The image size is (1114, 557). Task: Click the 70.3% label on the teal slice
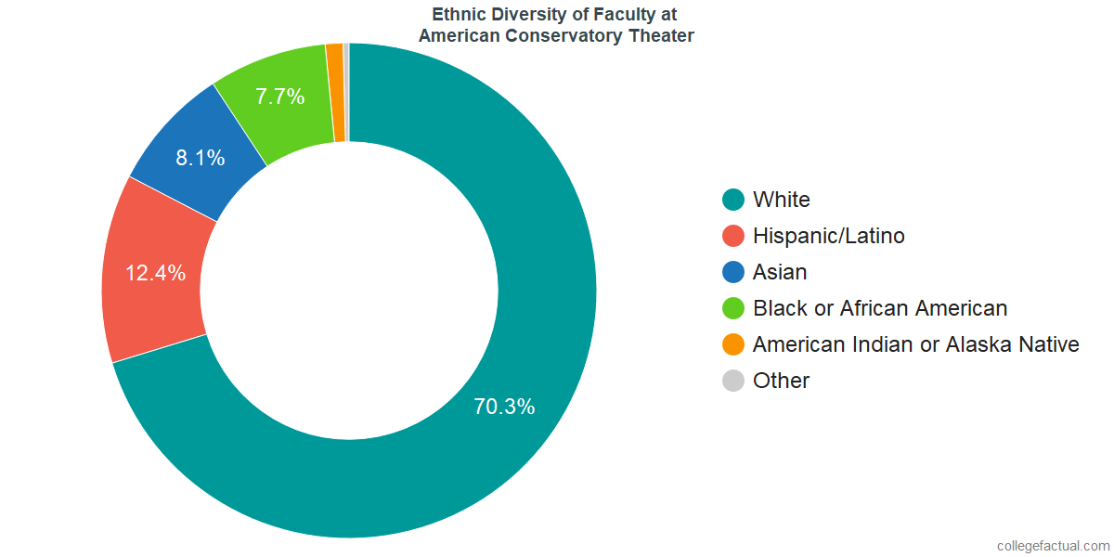pos(503,407)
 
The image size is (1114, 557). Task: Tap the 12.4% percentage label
pos(156,274)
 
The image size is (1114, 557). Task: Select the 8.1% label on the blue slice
pos(201,158)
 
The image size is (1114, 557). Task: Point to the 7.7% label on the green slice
pos(280,96)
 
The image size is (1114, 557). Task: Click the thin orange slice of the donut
pos(335,93)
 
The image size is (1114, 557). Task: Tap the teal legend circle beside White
pos(733,200)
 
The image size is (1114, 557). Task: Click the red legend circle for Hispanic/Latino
pos(733,236)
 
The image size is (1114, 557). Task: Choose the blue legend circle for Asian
pos(733,272)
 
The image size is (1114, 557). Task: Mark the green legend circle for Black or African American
pos(733,308)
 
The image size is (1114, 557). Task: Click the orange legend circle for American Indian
pos(733,344)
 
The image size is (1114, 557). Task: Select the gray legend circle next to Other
pos(733,381)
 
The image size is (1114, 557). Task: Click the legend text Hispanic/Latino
pos(829,236)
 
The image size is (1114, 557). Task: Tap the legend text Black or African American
pos(880,308)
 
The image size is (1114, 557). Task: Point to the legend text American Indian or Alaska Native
pos(916,344)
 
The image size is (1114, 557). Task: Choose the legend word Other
pos(782,381)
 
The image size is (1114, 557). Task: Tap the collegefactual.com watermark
pos(1052,545)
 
